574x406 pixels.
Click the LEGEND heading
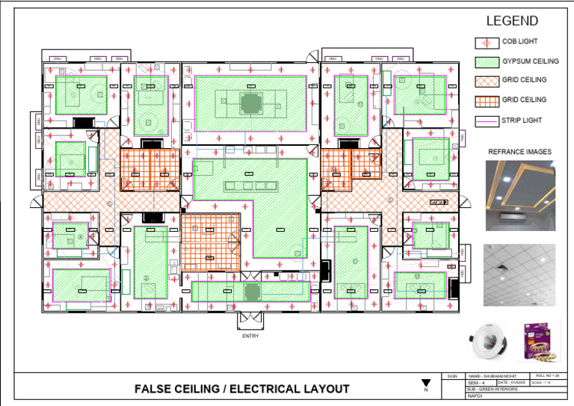[512, 21]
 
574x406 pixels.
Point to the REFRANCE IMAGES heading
[519, 152]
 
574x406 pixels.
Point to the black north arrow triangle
[426, 383]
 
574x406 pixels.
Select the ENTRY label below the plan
[250, 336]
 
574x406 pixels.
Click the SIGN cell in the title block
[451, 375]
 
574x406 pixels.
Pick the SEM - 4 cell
[477, 383]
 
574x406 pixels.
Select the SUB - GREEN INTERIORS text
[492, 390]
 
